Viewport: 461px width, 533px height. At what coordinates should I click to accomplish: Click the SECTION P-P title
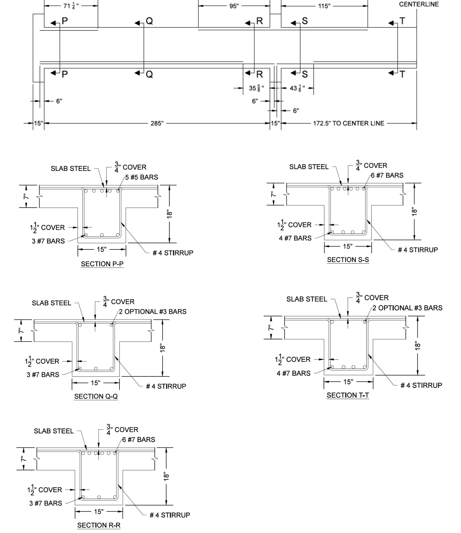tap(102, 264)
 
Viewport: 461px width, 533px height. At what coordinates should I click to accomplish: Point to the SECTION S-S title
tap(348, 260)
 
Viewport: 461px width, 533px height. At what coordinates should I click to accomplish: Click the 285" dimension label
tap(157, 123)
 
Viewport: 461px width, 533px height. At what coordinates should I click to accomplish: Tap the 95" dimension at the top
tap(234, 6)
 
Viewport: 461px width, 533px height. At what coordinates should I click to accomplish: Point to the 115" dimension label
tap(324, 6)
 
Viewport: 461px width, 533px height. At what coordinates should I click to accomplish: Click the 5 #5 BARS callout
tap(142, 177)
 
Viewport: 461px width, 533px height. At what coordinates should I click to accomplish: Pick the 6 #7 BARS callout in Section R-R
tap(139, 440)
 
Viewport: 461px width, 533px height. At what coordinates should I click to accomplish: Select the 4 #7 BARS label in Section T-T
tap(294, 373)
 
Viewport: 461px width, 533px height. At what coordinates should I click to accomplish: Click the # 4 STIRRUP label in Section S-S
tap(418, 250)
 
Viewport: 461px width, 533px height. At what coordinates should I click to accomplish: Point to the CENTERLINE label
tap(419, 4)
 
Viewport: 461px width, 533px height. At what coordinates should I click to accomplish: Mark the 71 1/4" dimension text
tap(71, 6)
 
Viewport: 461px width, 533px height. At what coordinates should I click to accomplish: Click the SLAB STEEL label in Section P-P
tap(71, 169)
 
